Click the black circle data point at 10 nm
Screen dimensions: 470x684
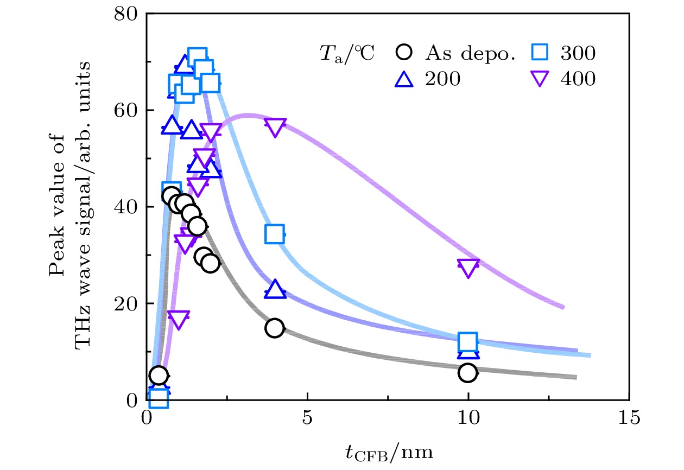pos(467,372)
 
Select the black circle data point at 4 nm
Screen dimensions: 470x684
pos(275,328)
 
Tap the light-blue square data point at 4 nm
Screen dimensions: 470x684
pos(275,234)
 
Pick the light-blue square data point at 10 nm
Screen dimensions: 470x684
pos(467,342)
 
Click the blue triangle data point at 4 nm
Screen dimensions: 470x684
pos(275,290)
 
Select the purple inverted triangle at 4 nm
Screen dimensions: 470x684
pos(275,127)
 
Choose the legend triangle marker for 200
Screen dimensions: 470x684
pos(405,79)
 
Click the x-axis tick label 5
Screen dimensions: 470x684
pos(307,418)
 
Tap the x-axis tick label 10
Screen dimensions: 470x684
pos(467,418)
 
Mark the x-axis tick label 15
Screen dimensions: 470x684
pos(629,418)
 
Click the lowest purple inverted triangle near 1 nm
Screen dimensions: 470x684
pos(179,320)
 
